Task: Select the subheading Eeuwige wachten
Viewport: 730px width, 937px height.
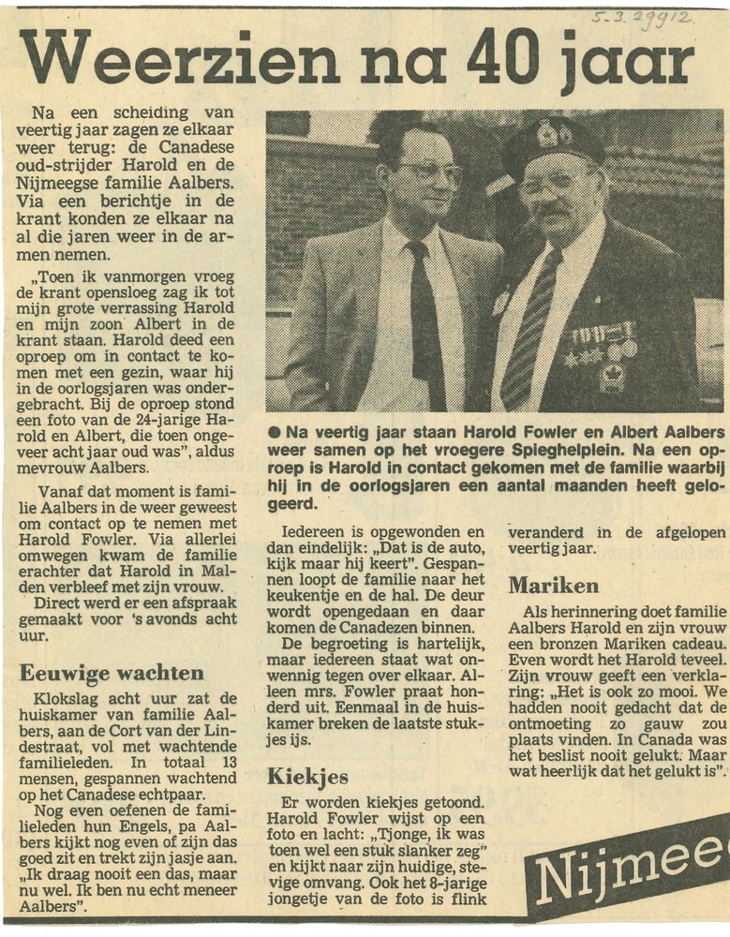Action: tap(112, 673)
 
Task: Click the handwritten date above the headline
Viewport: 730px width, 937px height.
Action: tap(642, 18)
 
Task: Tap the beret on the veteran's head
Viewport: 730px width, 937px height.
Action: tap(553, 141)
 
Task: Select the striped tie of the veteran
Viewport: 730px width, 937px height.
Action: tap(530, 328)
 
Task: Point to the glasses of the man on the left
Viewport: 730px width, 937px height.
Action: tap(429, 172)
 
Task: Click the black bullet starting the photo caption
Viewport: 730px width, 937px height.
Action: tap(274, 432)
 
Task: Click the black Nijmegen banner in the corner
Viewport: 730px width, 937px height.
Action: tap(633, 870)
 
